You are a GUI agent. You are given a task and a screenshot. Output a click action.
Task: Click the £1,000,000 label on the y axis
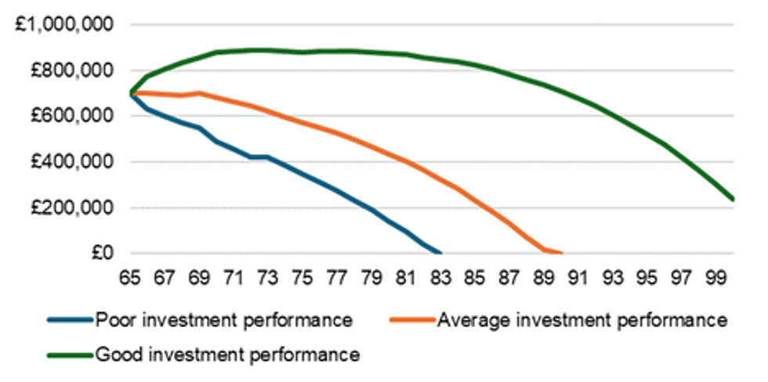tap(65, 25)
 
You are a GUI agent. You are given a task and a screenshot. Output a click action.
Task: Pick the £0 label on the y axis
tap(102, 254)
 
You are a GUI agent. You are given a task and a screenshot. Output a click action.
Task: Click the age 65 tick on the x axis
tap(130, 278)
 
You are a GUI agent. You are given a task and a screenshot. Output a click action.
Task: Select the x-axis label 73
tap(268, 278)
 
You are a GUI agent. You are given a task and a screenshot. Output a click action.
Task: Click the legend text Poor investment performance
tap(223, 320)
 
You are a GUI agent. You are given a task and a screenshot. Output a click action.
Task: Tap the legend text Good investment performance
tap(227, 355)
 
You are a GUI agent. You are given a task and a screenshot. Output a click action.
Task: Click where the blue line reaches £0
tap(440, 253)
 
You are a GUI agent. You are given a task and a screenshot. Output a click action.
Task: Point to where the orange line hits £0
tap(561, 253)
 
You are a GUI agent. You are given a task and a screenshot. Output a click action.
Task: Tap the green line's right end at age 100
tap(733, 200)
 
